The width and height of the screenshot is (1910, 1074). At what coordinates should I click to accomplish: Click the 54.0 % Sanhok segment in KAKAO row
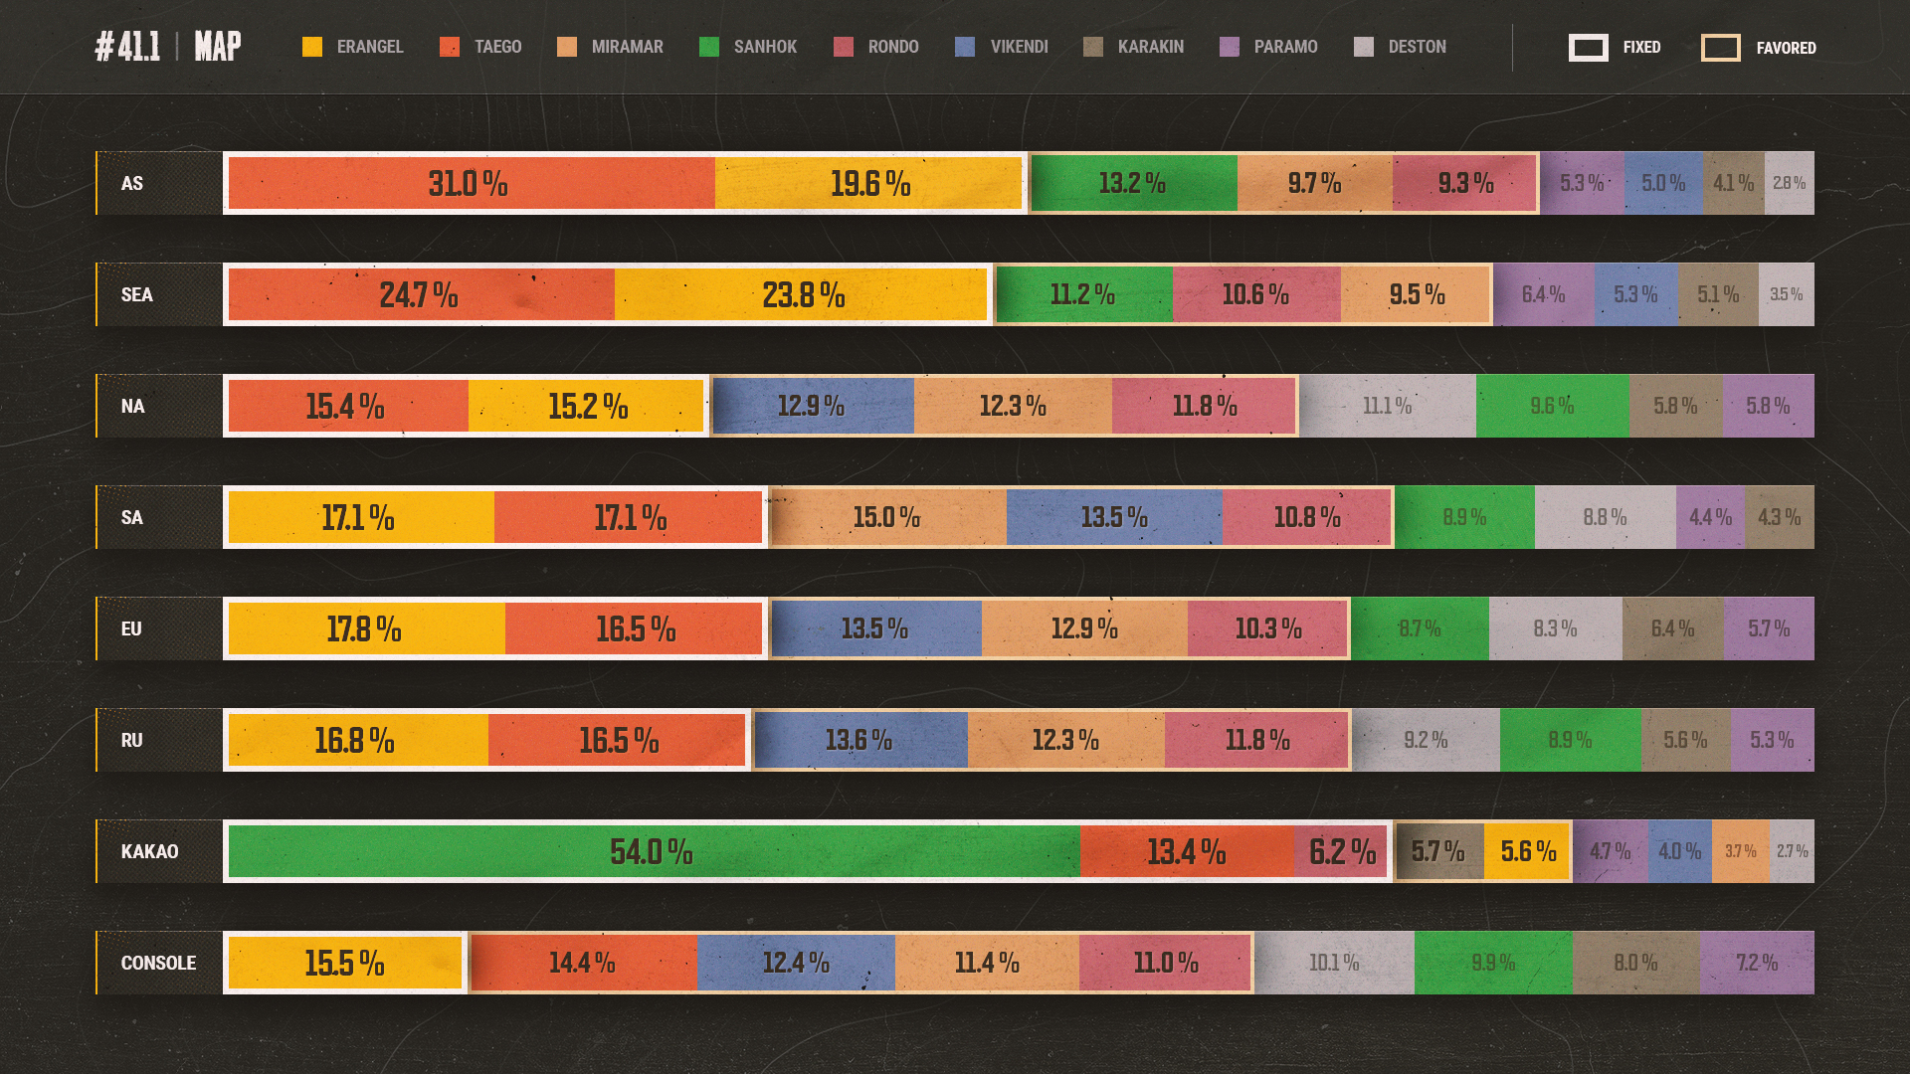[x=653, y=851]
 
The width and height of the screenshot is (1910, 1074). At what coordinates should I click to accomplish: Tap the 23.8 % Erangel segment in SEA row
[x=802, y=294]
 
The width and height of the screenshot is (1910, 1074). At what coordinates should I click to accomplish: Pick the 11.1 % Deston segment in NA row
[x=1387, y=406]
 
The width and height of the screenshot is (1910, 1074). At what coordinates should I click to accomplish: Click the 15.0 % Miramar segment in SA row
[x=887, y=517]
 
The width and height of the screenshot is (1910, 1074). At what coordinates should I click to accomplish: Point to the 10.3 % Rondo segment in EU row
[x=1268, y=628]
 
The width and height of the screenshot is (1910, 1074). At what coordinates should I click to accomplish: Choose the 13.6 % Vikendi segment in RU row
[x=859, y=740]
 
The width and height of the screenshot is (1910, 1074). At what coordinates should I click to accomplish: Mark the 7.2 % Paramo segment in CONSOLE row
[x=1757, y=963]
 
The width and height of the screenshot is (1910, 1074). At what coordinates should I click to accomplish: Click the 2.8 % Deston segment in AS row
[x=1789, y=183]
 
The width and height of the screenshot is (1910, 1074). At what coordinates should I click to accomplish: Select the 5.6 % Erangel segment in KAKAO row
[x=1528, y=851]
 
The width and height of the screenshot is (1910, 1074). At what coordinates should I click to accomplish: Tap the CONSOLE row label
[x=158, y=963]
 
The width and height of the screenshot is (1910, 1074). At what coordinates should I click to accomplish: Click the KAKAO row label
[x=149, y=851]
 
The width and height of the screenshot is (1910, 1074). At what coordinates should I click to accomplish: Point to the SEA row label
[x=136, y=294]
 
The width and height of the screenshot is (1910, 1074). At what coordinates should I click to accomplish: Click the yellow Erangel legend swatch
[x=312, y=47]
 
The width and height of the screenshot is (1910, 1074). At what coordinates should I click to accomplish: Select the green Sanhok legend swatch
[x=709, y=47]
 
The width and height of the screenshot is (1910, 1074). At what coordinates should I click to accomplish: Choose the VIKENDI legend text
[x=1019, y=47]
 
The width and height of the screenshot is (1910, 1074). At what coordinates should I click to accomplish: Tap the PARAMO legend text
[x=1285, y=47]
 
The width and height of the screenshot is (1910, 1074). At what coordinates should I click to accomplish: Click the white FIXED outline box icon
[x=1588, y=47]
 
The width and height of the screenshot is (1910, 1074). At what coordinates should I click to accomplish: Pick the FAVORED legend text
[x=1786, y=48]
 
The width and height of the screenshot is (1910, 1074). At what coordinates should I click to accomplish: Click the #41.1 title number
[x=127, y=46]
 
